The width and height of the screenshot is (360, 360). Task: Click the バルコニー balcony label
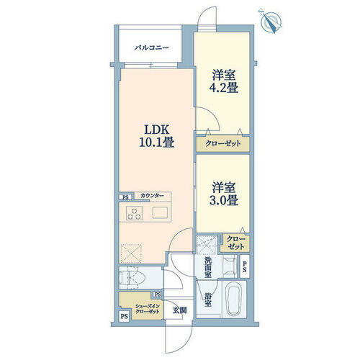151,48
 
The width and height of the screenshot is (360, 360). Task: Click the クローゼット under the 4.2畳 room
224,145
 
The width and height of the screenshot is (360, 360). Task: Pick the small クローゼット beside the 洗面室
235,243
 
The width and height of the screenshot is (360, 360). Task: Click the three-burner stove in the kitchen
135,213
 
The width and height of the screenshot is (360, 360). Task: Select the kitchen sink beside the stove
160,213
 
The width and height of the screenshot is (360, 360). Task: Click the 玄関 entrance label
179,310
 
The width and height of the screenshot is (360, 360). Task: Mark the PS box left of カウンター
125,196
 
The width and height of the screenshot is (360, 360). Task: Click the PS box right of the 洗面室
246,267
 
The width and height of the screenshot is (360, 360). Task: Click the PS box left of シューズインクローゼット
124,315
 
